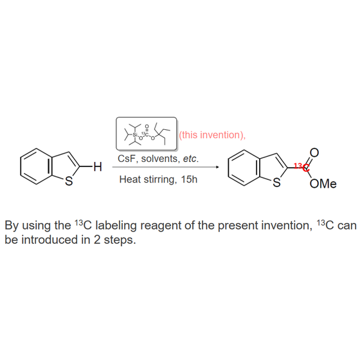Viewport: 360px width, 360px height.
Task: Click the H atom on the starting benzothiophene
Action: click(98, 166)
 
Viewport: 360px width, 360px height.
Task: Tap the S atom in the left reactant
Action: click(69, 181)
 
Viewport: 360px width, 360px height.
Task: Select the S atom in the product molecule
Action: click(276, 183)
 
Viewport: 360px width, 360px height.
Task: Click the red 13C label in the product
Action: click(302, 167)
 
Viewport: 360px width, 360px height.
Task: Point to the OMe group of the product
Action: click(323, 184)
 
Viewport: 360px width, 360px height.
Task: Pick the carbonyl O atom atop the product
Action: click(314, 153)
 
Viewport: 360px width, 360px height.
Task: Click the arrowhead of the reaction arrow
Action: click(217, 167)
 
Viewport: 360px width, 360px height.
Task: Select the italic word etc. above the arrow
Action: click(191, 159)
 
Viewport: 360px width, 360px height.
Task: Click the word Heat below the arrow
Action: click(130, 179)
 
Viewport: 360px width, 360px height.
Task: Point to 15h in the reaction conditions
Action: click(189, 179)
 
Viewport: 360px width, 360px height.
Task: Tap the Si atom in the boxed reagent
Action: click(135, 134)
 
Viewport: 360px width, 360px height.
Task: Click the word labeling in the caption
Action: click(116, 226)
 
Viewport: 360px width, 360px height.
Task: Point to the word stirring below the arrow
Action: click(161, 179)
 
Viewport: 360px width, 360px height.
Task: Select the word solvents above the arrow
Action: click(161, 159)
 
